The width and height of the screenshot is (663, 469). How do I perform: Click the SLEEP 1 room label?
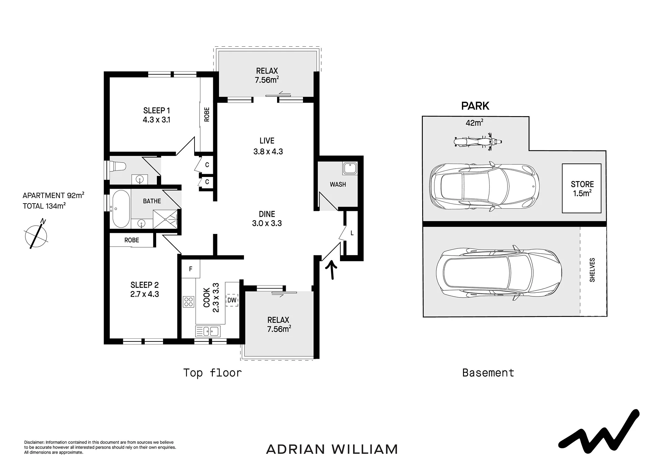[157, 111]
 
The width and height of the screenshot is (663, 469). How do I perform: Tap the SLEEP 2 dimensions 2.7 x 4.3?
[145, 294]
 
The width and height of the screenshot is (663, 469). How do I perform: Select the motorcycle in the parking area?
[477, 142]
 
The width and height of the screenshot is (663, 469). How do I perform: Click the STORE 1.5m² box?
[582, 188]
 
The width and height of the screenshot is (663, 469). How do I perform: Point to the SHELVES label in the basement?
[592, 270]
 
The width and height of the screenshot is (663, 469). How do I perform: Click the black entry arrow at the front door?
[332, 270]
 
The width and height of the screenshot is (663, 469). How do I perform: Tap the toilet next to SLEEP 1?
[116, 166]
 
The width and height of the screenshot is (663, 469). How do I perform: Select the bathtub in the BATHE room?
[120, 209]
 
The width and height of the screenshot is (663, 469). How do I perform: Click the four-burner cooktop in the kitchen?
[189, 302]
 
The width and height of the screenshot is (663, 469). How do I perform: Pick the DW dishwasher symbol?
[232, 300]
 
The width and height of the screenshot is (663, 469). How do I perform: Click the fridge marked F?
[190, 269]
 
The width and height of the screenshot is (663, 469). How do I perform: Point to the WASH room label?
[338, 185]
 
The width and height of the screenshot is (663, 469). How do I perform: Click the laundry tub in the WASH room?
[350, 168]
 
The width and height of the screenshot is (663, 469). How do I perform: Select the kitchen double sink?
[208, 331]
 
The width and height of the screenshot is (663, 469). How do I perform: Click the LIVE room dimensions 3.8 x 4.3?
[268, 151]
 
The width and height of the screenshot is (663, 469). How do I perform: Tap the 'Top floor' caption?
[212, 373]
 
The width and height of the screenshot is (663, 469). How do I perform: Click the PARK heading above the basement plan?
[475, 106]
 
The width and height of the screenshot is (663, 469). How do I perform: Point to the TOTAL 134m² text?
[44, 206]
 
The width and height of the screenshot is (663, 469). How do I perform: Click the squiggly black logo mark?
[599, 432]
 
